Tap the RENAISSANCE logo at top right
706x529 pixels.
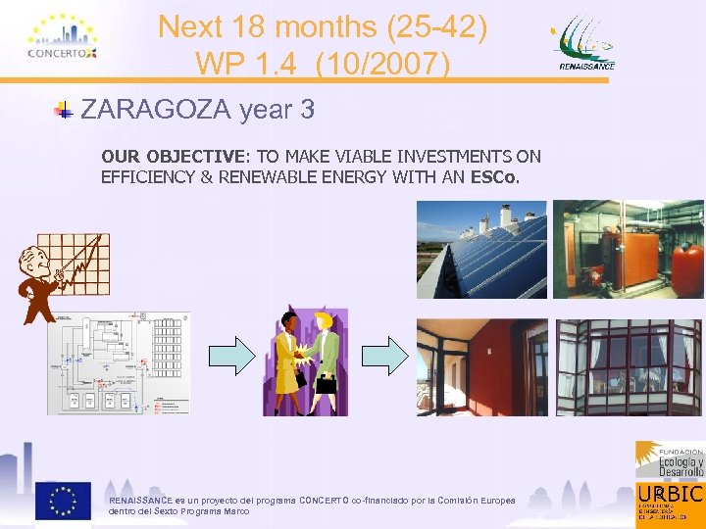586,45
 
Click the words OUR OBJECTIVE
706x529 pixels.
173,157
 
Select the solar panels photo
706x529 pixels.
481,249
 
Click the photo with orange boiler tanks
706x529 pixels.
628,249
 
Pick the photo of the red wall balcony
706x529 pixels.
481,367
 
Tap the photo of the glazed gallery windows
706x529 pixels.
629,367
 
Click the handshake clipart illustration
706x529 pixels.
305,362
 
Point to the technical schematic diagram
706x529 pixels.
119,362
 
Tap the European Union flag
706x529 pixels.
63,500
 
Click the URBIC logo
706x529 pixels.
670,501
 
